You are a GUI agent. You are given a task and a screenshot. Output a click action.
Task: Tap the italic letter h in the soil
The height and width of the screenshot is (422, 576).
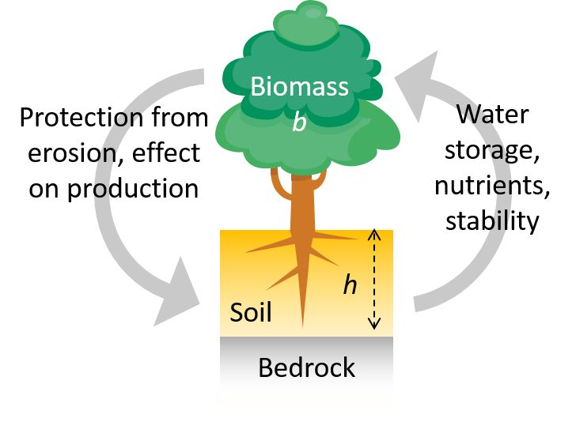[349, 285]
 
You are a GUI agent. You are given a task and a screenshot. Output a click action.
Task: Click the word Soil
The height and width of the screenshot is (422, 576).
[250, 312]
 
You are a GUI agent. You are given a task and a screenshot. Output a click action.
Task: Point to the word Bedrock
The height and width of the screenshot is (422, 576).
[307, 367]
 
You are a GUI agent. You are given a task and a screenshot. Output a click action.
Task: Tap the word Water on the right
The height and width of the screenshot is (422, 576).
[492, 115]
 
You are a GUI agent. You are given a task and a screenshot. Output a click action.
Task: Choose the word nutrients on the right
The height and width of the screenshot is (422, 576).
[492, 186]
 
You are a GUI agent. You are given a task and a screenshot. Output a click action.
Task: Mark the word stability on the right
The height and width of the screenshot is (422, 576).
[491, 220]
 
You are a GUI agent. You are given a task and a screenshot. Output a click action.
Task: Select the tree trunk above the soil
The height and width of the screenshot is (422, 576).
[300, 205]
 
